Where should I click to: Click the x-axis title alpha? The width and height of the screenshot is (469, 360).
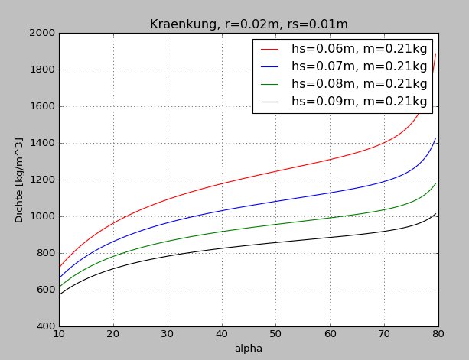(x=249, y=349)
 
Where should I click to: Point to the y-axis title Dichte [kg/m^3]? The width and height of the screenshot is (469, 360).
(x=20, y=180)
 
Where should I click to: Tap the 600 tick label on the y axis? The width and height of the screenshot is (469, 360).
(x=43, y=290)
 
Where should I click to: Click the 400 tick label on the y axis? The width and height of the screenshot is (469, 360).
(x=43, y=326)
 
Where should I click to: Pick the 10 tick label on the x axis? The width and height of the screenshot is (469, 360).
(x=59, y=334)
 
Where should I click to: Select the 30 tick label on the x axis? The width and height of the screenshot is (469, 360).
(x=168, y=334)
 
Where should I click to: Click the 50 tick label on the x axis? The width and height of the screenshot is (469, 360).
(x=276, y=334)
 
